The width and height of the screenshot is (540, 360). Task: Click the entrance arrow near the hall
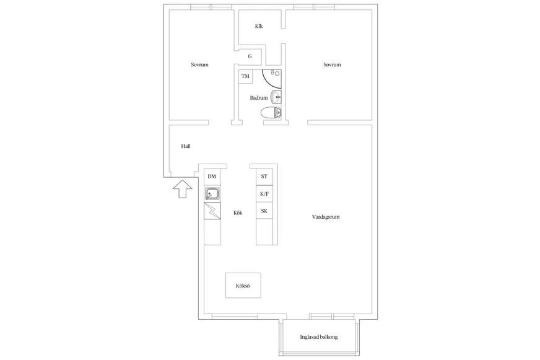pos(183,189)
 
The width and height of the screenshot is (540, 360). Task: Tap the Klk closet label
pos(259,26)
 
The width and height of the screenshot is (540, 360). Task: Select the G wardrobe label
pos(250,56)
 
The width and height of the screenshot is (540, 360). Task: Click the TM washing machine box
pos(245,76)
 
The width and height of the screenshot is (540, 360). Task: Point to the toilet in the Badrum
pos(271,113)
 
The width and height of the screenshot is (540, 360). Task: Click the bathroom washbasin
pos(276,97)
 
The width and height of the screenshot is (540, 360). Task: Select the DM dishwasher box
pos(212,177)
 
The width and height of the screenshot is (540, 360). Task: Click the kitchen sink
pos(212,193)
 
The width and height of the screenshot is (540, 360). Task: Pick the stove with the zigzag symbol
pos(212,211)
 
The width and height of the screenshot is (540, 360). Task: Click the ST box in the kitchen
pos(264,177)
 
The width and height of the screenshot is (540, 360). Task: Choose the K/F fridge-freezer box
pos(264,193)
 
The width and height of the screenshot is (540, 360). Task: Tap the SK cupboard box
pos(264,211)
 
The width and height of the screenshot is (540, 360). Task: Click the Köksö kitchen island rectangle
pos(243,285)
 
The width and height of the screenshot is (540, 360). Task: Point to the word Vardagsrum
pos(326,217)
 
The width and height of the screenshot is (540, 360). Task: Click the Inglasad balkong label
pos(319,337)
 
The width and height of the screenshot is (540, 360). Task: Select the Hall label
pos(186,146)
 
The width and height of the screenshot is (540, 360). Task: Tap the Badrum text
pos(259,98)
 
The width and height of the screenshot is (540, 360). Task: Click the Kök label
pos(238,213)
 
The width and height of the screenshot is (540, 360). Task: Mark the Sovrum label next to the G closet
pos(200,65)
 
